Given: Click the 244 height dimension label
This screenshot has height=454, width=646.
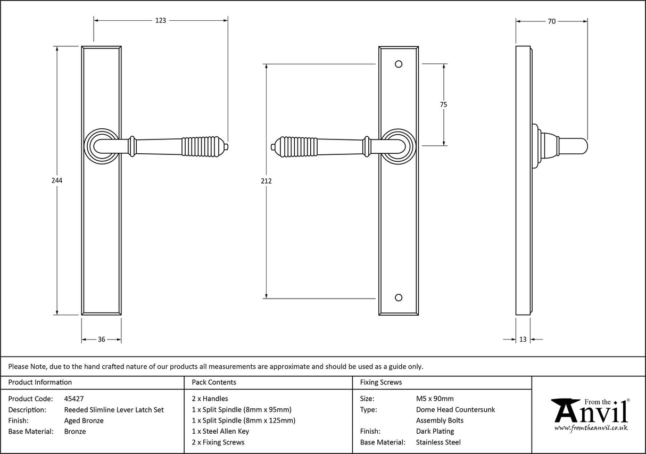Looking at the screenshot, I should pos(57,180).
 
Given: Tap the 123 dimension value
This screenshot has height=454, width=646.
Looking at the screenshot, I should pos(161,21).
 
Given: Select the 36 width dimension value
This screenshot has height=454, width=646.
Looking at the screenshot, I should pos(101,339).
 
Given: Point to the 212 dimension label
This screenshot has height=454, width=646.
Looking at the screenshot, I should pos(267,181).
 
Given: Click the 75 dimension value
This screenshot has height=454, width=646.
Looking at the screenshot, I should pos(443,105).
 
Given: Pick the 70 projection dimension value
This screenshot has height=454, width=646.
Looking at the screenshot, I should pos(552,21).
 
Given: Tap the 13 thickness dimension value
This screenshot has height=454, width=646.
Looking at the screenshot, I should pos(523,339).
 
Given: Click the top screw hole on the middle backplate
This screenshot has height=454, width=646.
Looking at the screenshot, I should pos(399,64).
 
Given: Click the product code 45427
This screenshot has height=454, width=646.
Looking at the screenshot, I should pos(73,398).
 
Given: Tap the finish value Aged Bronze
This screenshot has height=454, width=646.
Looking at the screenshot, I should pos(84,420).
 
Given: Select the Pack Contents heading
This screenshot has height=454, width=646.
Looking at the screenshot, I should pos(214,382).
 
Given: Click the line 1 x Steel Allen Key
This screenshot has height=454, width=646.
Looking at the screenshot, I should pos(220,431).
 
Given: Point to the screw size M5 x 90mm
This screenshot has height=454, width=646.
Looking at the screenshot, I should pos(435,398).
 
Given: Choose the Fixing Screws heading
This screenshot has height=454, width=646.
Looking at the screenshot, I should pos(380,382).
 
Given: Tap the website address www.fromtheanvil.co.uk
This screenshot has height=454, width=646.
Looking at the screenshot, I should pos(591,427).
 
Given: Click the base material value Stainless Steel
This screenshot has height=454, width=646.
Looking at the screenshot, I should pos(438,442).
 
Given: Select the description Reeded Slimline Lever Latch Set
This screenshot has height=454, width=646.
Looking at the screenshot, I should pos(114,409).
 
